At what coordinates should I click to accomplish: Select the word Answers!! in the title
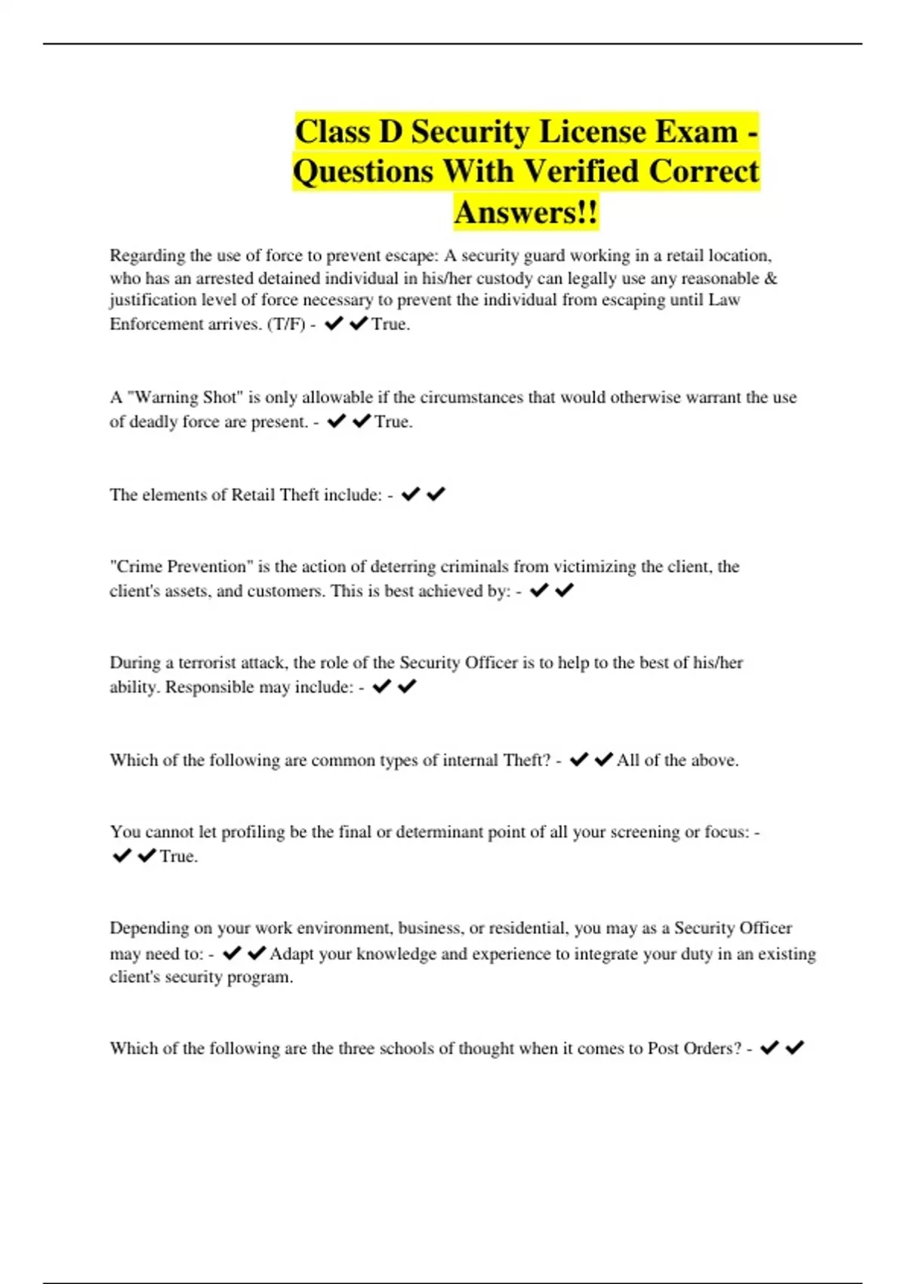(526, 212)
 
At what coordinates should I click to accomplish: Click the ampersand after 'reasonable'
(770, 278)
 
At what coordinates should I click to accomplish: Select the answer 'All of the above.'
(677, 760)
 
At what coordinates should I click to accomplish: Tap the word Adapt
(291, 954)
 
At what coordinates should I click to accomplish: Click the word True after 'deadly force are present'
(393, 421)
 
